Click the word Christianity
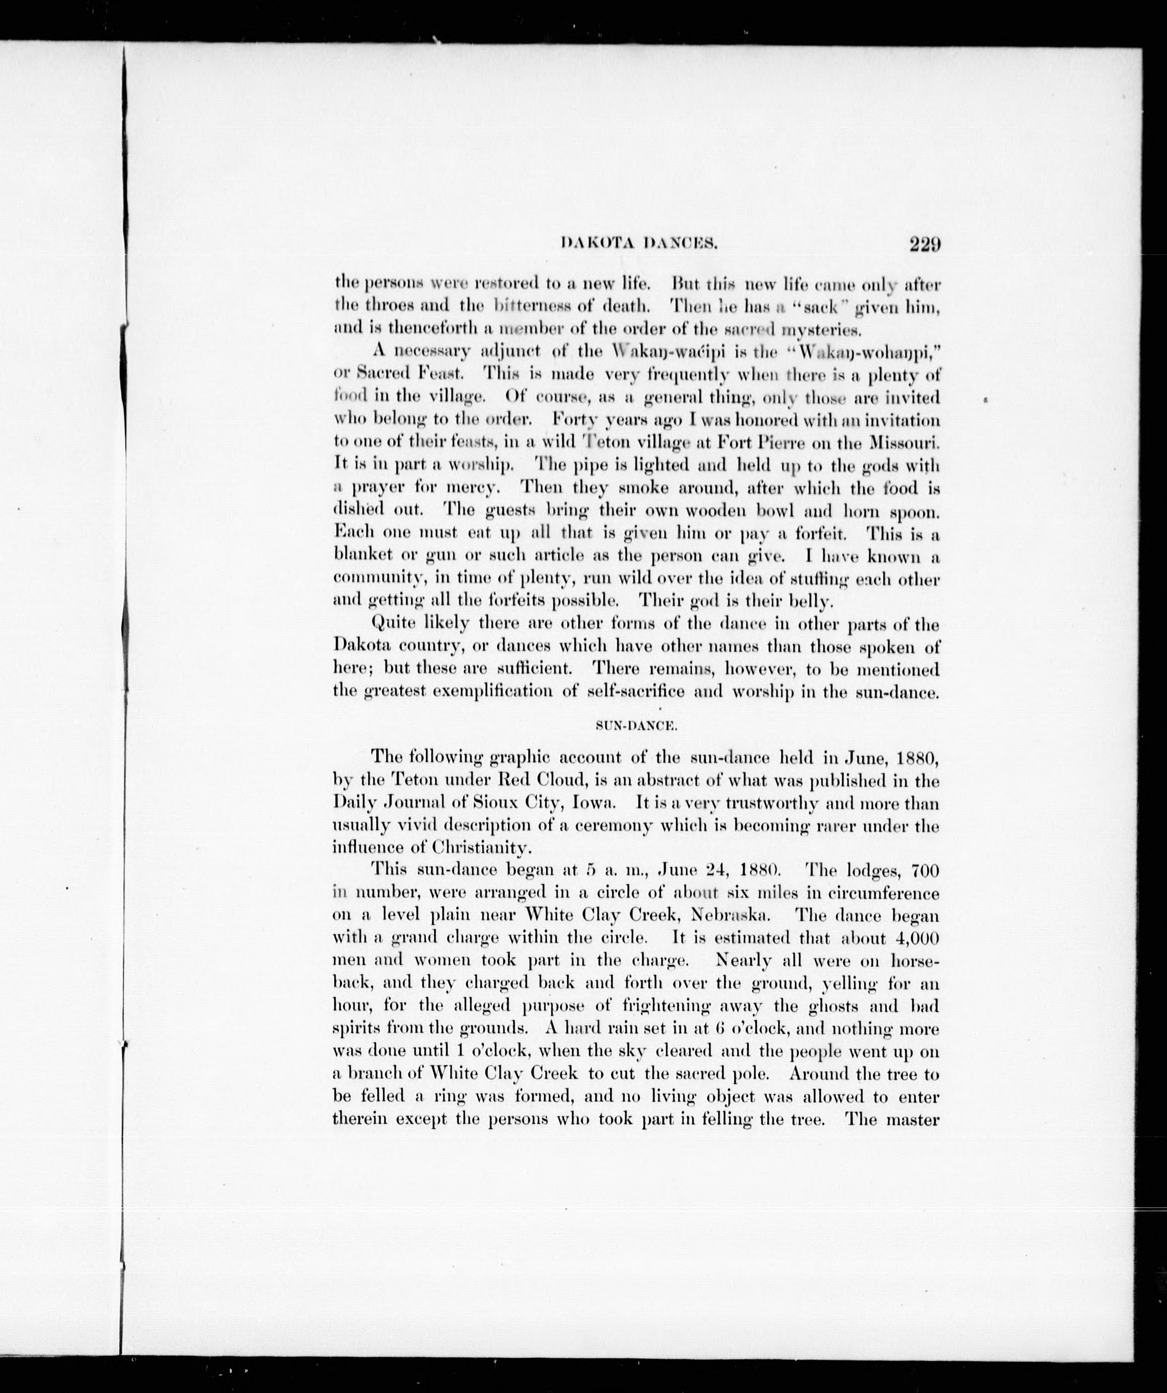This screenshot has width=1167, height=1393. pos(481,848)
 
